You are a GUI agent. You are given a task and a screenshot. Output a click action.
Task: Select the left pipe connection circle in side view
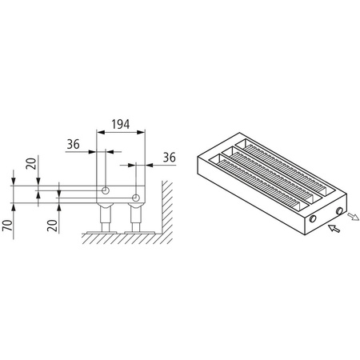(x=105, y=190)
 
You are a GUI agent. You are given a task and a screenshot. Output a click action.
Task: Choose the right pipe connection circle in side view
(x=137, y=197)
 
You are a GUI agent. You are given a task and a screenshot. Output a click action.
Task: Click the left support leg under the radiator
(x=104, y=216)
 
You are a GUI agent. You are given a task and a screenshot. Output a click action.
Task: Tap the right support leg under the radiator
(x=134, y=218)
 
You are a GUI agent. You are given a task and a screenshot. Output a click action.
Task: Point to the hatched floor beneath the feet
(x=120, y=238)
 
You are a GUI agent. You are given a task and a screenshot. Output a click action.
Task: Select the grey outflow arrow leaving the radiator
(x=353, y=215)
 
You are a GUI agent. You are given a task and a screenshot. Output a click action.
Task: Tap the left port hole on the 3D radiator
(x=313, y=218)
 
